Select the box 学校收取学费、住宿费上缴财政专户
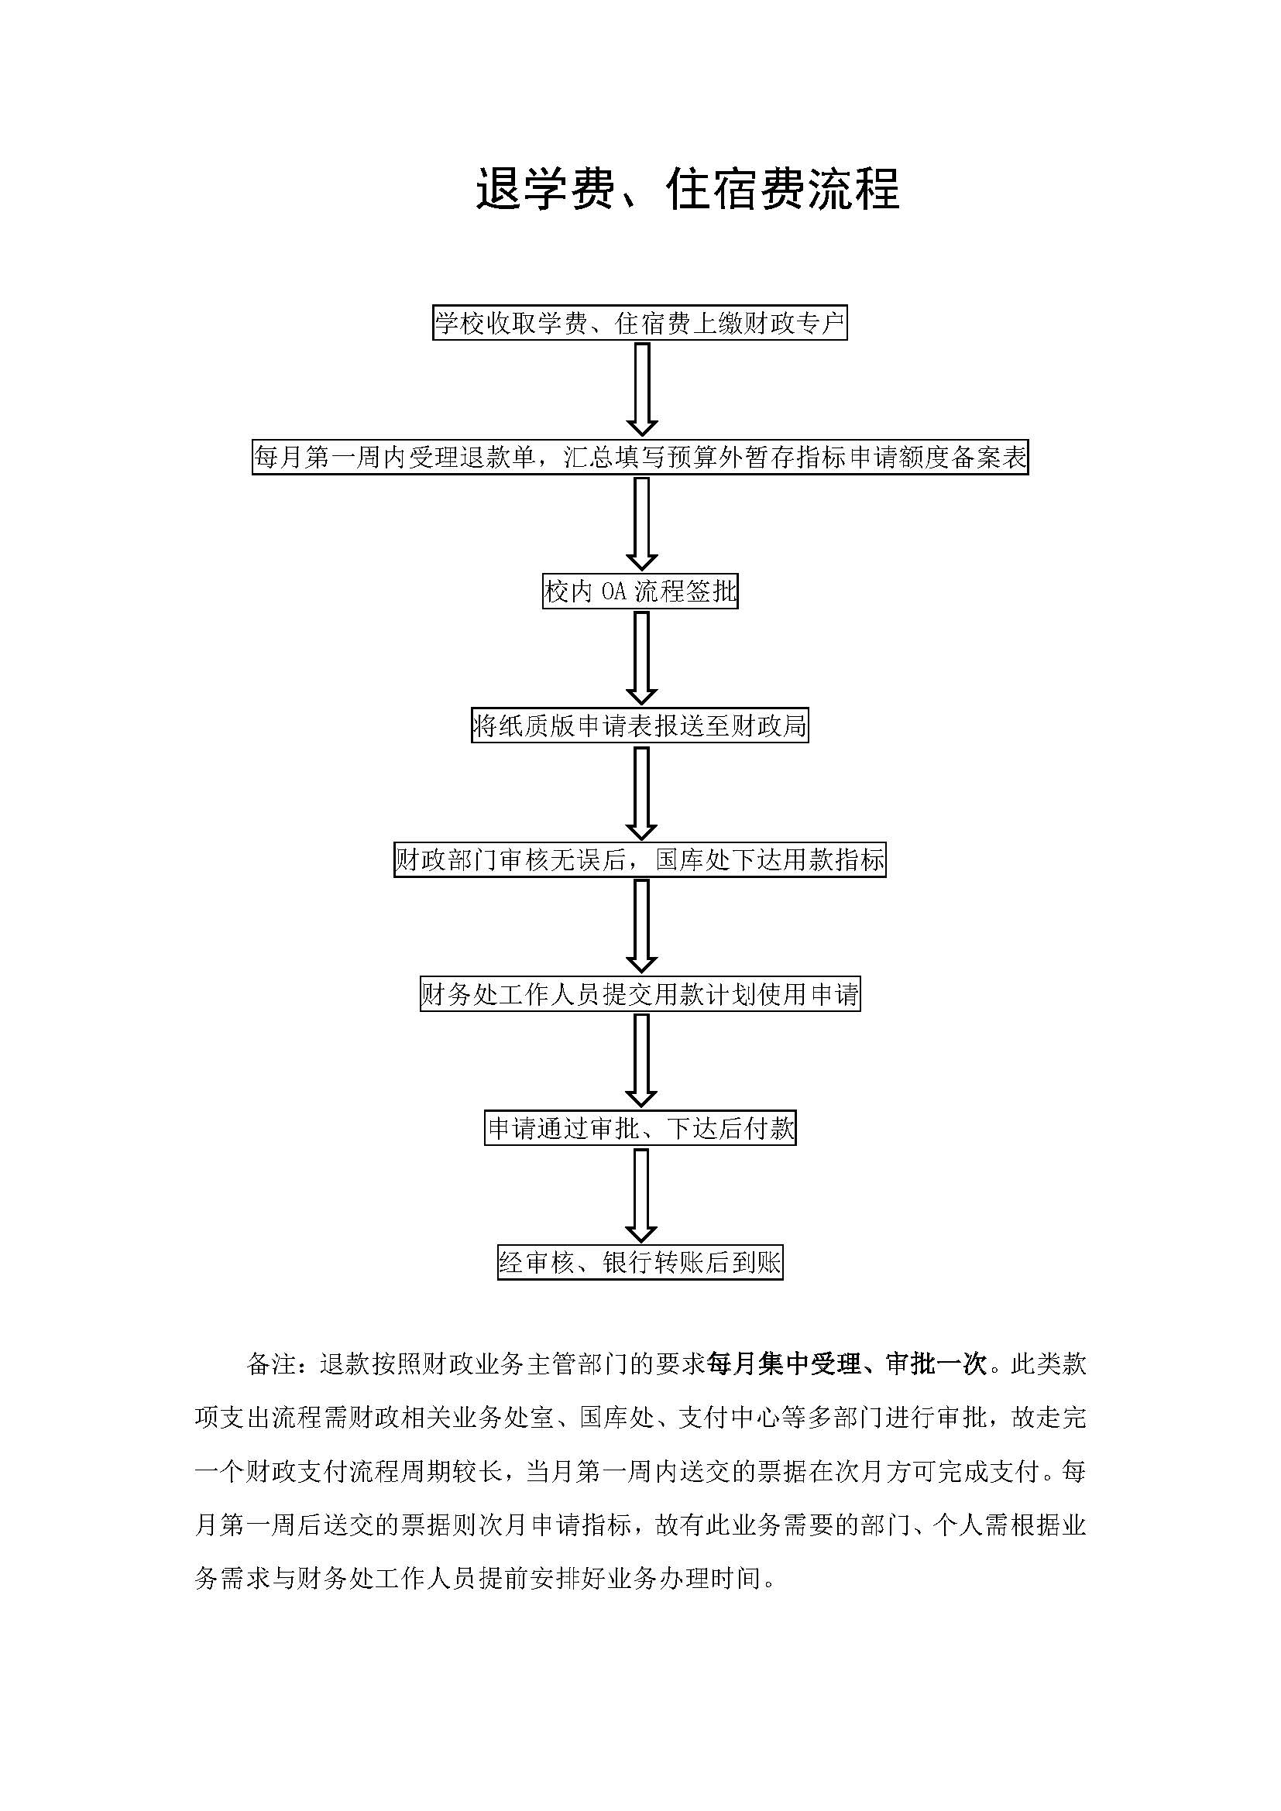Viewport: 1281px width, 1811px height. (x=640, y=323)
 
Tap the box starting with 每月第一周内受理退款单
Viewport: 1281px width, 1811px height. (x=640, y=457)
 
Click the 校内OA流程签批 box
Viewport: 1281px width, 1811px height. (x=640, y=591)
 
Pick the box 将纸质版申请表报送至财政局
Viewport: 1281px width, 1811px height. (x=640, y=725)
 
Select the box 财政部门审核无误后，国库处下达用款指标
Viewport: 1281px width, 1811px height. (x=640, y=859)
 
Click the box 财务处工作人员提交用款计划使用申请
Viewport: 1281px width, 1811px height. (x=640, y=994)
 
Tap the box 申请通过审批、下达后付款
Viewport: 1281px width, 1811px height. (x=640, y=1128)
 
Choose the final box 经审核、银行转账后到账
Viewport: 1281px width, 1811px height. (x=640, y=1262)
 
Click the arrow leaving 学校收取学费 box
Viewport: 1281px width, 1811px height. (x=641, y=389)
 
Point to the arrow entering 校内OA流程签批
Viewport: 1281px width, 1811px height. (x=641, y=523)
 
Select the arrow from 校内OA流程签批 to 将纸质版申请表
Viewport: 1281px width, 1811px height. (x=641, y=658)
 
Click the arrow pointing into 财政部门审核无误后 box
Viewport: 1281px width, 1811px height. (x=641, y=793)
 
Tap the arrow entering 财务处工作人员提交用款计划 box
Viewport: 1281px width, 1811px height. (x=641, y=927)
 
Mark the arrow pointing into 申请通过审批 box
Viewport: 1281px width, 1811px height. (x=641, y=1061)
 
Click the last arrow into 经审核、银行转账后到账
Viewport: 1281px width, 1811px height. (x=641, y=1195)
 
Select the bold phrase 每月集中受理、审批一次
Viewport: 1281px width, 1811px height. (x=847, y=1363)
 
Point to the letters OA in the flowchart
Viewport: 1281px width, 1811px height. (x=613, y=592)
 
